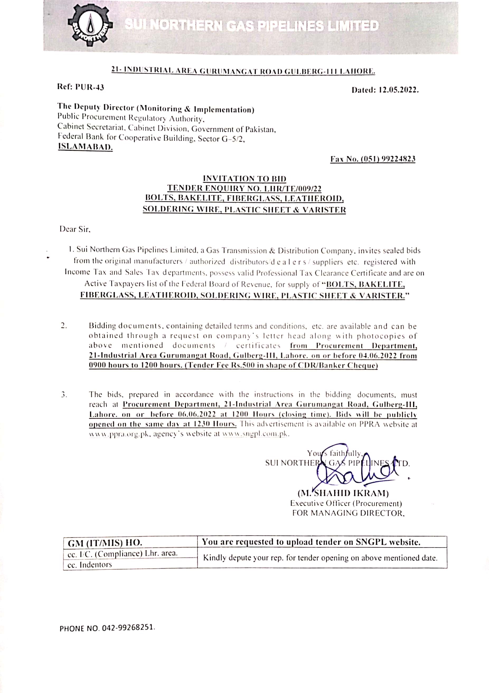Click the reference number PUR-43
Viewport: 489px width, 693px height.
click(x=89, y=87)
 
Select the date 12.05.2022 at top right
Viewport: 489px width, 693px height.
click(x=398, y=90)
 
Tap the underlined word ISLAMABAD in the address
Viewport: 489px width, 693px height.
click(x=85, y=148)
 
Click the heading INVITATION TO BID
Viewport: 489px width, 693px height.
click(x=244, y=179)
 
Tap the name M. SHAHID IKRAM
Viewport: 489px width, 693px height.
click(x=343, y=493)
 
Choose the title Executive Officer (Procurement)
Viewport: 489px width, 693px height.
click(x=346, y=503)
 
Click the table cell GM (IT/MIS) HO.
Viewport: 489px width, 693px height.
click(x=105, y=543)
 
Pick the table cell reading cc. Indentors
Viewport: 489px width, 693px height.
click(x=90, y=564)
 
